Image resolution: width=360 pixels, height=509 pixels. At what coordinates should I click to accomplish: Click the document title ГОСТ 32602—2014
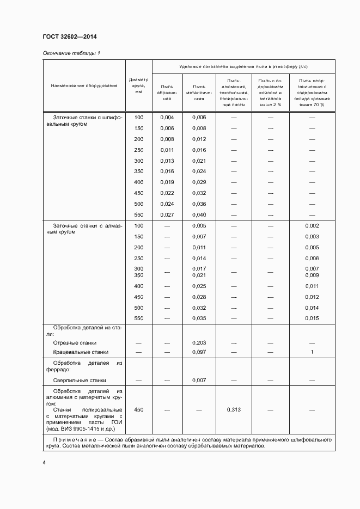(70, 37)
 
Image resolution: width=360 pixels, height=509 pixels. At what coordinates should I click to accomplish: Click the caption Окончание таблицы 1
(71, 53)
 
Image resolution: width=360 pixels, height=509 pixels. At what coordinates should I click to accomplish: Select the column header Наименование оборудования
(84, 86)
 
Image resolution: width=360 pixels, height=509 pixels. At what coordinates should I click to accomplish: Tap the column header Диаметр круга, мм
(138, 86)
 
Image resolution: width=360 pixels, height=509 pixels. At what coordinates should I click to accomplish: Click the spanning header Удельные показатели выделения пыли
(243, 66)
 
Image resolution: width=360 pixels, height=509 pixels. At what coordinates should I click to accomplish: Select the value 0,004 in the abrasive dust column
(167, 118)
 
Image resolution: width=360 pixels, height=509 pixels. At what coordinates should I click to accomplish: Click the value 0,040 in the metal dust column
(199, 215)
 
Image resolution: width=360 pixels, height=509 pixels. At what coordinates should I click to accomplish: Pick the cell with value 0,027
(167, 215)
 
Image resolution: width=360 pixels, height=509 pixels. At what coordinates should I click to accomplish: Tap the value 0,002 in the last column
(312, 226)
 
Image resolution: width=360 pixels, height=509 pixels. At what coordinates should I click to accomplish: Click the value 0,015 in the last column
(312, 318)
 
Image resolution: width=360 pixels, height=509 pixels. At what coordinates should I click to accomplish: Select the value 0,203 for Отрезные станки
(199, 343)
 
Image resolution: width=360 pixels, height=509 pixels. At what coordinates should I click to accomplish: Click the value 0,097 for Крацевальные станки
(199, 353)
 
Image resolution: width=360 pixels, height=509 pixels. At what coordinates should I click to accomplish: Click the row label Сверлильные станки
(80, 381)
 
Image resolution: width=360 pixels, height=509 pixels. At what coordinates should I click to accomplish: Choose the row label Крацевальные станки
(81, 353)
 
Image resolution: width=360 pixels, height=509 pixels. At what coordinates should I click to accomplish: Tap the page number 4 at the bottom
(44, 463)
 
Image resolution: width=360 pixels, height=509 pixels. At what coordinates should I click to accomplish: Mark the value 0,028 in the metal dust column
(199, 297)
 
